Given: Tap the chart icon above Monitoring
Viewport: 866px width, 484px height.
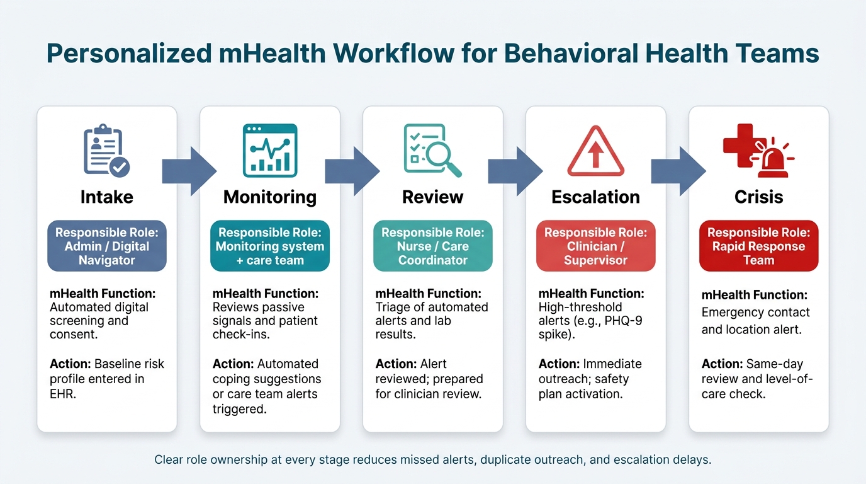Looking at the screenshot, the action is (270, 150).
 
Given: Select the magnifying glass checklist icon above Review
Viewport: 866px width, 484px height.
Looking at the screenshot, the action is (432, 150).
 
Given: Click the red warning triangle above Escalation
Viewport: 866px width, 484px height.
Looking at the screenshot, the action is (596, 151).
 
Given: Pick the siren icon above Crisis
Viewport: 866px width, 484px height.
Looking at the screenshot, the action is (758, 151).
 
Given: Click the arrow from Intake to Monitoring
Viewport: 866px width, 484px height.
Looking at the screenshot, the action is (189, 171).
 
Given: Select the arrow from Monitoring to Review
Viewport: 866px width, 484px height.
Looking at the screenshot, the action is (352, 171).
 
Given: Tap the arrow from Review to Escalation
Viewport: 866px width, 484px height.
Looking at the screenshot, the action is (515, 171).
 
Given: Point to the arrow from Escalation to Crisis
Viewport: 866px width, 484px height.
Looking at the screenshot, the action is (678, 171).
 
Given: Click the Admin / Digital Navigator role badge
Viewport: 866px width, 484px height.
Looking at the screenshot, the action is (107, 246).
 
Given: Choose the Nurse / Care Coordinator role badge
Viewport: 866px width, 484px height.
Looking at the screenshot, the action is (432, 246).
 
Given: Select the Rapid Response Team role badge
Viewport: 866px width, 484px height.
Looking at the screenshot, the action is (758, 246).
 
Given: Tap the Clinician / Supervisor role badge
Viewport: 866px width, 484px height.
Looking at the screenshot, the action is (596, 246).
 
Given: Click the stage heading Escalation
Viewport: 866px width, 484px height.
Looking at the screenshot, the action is (596, 197).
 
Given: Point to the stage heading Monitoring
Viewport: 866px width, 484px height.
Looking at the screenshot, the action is (270, 197).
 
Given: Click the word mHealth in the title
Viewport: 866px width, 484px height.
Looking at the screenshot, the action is (272, 53).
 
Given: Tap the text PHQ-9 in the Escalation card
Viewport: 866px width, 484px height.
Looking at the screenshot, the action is (623, 321).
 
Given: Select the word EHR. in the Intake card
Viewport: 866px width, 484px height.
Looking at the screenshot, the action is (63, 394).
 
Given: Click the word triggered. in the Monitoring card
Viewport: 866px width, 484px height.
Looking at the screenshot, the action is (240, 409).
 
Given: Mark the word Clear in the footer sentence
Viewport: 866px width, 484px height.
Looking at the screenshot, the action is (169, 459).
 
